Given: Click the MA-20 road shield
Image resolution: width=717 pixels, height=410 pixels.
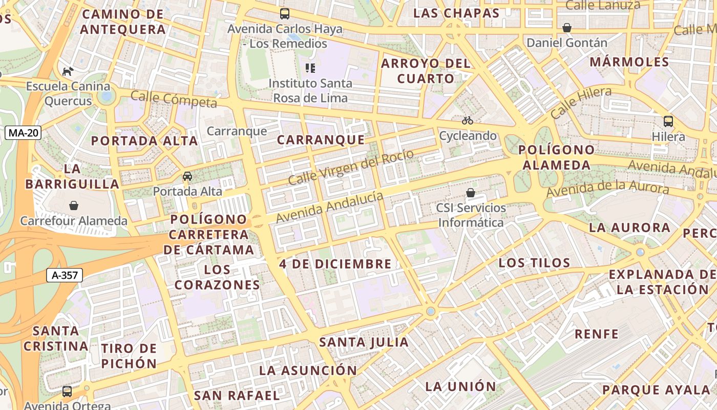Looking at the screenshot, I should click(x=24, y=133).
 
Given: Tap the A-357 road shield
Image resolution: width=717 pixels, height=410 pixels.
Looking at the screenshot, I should click(x=65, y=275).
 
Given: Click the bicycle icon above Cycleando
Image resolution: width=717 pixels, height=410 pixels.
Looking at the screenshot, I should click(x=467, y=120).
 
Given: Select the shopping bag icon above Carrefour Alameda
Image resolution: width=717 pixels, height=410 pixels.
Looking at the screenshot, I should click(x=74, y=206).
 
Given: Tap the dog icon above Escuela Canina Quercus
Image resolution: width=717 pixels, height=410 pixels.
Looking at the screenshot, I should click(x=68, y=71).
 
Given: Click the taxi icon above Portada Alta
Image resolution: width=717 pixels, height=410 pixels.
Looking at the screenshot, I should click(x=187, y=176).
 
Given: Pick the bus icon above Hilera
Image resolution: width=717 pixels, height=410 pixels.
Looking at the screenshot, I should click(x=668, y=121).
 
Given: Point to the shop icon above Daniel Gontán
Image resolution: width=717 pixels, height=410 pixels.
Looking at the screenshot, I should click(x=567, y=28).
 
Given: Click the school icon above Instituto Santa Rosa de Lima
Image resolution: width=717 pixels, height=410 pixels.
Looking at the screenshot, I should click(x=310, y=68).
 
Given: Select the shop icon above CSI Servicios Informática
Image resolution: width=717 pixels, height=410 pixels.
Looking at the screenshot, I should click(x=470, y=193).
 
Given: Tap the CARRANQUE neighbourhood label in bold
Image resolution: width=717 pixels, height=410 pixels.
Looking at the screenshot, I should click(x=321, y=140).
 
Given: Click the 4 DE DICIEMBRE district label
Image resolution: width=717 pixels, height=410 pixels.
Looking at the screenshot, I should click(x=335, y=264).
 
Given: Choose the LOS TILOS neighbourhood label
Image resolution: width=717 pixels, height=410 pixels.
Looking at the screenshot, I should click(x=534, y=263).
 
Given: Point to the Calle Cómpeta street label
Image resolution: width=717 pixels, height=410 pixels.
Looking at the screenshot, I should click(x=174, y=99).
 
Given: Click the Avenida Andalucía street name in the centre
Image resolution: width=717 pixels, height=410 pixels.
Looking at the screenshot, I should click(x=329, y=207).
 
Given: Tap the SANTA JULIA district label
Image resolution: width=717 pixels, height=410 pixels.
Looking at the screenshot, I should click(x=364, y=342).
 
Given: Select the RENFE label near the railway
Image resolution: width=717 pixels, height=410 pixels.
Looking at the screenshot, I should click(x=597, y=334).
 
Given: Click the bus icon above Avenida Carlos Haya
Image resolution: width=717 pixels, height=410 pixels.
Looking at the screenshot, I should click(x=284, y=14).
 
